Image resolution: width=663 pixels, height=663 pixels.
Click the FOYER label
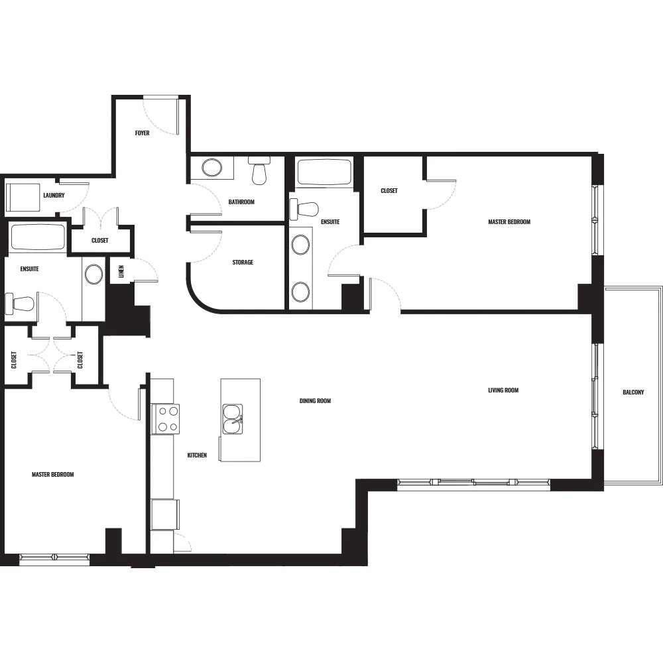(x=142, y=133)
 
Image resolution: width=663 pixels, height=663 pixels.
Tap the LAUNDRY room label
(x=54, y=196)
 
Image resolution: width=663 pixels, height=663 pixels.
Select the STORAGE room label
(x=243, y=262)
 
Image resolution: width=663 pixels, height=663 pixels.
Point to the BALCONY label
(x=633, y=392)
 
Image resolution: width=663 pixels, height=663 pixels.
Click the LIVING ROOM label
(x=503, y=391)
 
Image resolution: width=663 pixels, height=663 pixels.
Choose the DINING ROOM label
(x=315, y=401)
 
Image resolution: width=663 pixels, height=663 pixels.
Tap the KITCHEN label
(x=197, y=455)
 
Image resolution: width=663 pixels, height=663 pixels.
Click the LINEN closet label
(x=122, y=271)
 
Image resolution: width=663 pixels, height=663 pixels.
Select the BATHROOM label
(x=241, y=202)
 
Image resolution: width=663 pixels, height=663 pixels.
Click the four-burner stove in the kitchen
(x=168, y=418)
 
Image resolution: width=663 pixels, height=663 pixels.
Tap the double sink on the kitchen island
(x=233, y=419)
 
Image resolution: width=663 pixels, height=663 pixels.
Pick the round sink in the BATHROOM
(x=212, y=168)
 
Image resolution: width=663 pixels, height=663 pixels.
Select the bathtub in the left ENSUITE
(x=38, y=237)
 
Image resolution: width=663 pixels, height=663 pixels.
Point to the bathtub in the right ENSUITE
(x=324, y=172)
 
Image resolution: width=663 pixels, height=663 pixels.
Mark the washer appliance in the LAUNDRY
(x=23, y=198)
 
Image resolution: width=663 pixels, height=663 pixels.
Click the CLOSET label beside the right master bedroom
(x=389, y=191)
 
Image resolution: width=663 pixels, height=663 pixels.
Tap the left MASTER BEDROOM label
(x=53, y=475)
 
